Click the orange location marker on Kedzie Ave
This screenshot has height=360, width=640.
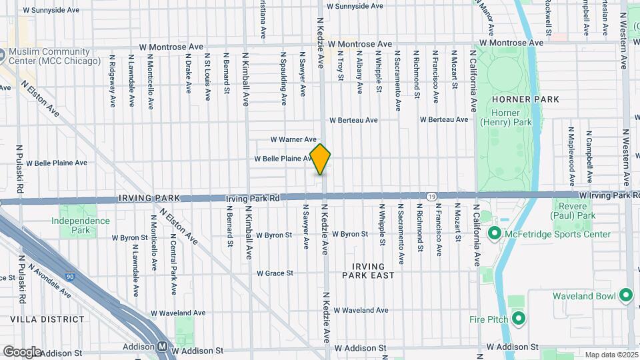(320, 159)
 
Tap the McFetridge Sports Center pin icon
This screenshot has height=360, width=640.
(495, 234)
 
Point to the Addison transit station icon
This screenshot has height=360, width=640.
(162, 347)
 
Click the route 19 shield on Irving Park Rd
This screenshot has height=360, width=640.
(432, 196)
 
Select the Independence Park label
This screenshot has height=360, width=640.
(81, 225)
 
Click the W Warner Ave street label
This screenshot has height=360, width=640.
(293, 139)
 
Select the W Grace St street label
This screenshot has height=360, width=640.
(275, 273)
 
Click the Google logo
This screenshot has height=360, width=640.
(22, 351)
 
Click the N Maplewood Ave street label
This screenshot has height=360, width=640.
(571, 156)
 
